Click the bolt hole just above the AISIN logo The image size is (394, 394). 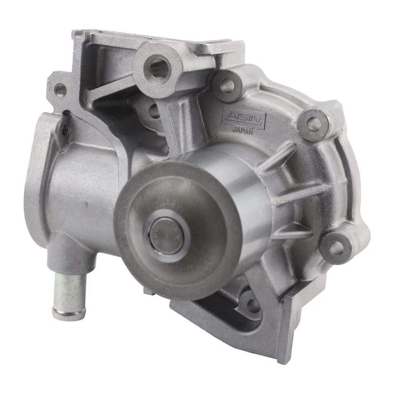point(227,86)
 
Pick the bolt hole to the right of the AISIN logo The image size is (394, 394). point(314,124)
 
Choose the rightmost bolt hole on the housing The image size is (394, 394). point(337,247)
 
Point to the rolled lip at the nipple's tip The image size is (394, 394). point(69,314)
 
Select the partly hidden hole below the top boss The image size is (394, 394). point(154,111)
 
